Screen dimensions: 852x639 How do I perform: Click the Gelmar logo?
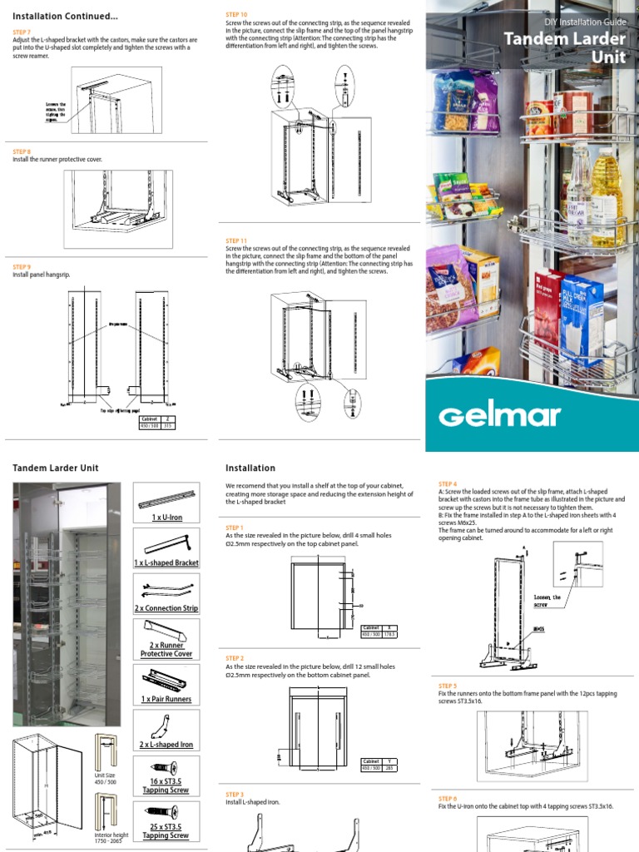click(500, 415)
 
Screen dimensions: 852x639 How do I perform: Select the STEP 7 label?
click(22, 31)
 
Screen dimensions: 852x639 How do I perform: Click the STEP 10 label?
click(236, 15)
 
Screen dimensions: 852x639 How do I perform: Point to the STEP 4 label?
click(448, 483)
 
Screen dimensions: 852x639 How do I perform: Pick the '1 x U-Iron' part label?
click(166, 518)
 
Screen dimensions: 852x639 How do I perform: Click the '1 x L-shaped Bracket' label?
click(166, 563)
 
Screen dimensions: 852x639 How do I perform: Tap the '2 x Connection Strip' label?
click(166, 608)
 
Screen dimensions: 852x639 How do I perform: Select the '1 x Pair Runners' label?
click(166, 699)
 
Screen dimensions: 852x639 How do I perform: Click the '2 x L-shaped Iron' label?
click(166, 745)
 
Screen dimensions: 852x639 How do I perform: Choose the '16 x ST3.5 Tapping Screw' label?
click(166, 785)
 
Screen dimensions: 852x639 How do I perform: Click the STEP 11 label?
click(236, 240)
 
